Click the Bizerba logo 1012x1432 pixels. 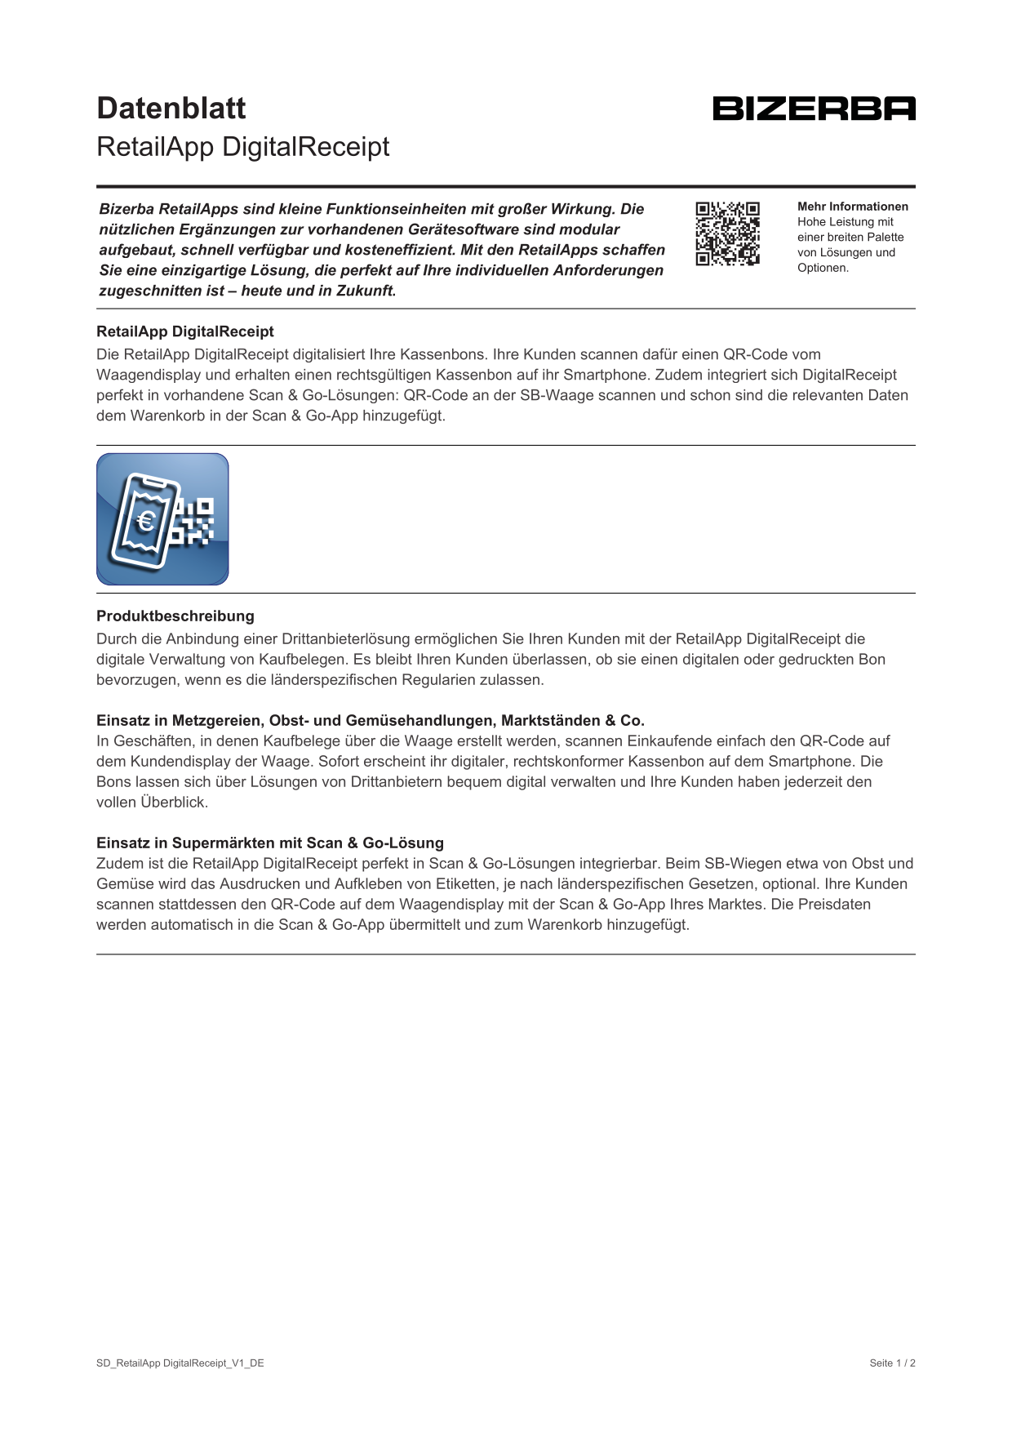[x=814, y=109]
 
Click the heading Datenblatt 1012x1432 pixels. [x=171, y=108]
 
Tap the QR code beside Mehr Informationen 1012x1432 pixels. [x=727, y=233]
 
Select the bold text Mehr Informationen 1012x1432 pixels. [x=852, y=207]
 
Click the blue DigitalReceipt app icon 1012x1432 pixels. [x=162, y=519]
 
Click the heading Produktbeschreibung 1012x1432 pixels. [x=175, y=616]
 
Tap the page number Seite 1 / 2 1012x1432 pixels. [x=892, y=1363]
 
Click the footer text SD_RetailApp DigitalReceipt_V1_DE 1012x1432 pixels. [x=180, y=1363]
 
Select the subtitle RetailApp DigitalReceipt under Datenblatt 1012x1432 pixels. [x=243, y=147]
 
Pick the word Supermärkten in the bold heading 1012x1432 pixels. [x=224, y=843]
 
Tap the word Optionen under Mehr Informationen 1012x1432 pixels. [x=823, y=268]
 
